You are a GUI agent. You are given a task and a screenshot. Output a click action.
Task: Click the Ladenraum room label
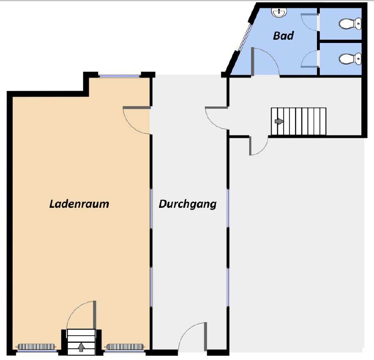pyautogui.click(x=79, y=204)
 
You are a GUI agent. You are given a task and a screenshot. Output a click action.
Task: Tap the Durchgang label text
pyautogui.click(x=187, y=205)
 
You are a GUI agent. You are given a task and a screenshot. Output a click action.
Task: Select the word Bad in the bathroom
pyautogui.click(x=283, y=36)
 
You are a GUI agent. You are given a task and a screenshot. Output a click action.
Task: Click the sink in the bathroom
pyautogui.click(x=279, y=12)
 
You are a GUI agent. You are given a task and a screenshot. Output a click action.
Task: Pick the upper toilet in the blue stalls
pyautogui.click(x=350, y=24)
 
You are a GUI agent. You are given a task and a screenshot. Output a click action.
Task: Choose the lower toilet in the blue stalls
pyautogui.click(x=350, y=59)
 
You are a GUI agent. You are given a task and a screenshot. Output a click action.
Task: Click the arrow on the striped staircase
pyautogui.click(x=279, y=121)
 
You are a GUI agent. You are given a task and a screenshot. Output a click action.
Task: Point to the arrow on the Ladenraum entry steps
pyautogui.click(x=81, y=347)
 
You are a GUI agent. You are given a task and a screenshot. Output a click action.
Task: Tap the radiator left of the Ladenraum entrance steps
pyautogui.click(x=36, y=346)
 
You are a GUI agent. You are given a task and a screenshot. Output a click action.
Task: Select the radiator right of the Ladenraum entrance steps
pyautogui.click(x=125, y=346)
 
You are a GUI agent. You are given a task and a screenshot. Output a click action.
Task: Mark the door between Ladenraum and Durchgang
pyautogui.click(x=137, y=120)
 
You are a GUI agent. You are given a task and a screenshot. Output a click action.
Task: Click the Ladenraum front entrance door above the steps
pyautogui.click(x=81, y=315)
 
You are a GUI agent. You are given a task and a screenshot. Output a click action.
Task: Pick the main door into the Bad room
pyautogui.click(x=265, y=62)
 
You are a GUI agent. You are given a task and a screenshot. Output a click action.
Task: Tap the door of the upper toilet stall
pyautogui.click(x=309, y=22)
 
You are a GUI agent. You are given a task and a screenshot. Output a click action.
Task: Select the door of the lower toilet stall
pyautogui.click(x=309, y=59)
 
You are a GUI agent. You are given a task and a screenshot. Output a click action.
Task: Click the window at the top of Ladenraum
pyautogui.click(x=120, y=76)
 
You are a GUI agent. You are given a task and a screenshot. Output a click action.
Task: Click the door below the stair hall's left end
pyautogui.click(x=259, y=146)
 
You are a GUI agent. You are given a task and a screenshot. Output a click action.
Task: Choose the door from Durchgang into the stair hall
pyautogui.click(x=216, y=118)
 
